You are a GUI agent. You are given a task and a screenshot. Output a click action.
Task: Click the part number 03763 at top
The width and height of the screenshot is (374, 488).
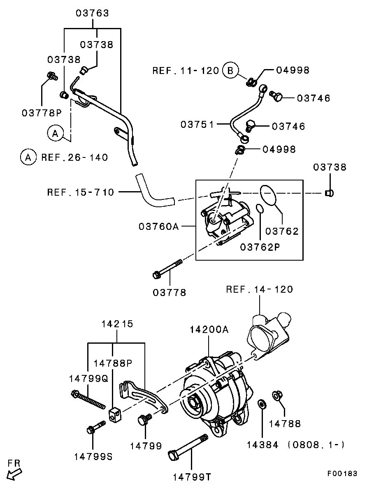(92, 13)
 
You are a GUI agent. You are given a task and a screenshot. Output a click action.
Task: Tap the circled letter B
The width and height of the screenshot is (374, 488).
(230, 71)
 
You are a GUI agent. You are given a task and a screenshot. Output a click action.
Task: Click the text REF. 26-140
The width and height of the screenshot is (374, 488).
(74, 157)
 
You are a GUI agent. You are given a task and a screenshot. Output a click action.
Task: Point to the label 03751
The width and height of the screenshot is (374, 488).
(197, 124)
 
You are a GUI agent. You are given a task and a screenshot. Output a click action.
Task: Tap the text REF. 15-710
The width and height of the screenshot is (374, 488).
(80, 192)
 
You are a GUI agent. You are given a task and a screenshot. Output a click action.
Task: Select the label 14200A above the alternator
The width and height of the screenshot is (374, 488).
(209, 329)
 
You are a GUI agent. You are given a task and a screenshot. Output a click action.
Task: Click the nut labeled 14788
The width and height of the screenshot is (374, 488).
(277, 396)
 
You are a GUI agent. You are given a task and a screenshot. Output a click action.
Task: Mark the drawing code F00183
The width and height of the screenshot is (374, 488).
(342, 474)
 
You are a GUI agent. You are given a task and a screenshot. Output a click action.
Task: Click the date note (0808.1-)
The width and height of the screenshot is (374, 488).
(316, 444)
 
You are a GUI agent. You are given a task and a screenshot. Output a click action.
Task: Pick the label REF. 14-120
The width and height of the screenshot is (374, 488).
(259, 289)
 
